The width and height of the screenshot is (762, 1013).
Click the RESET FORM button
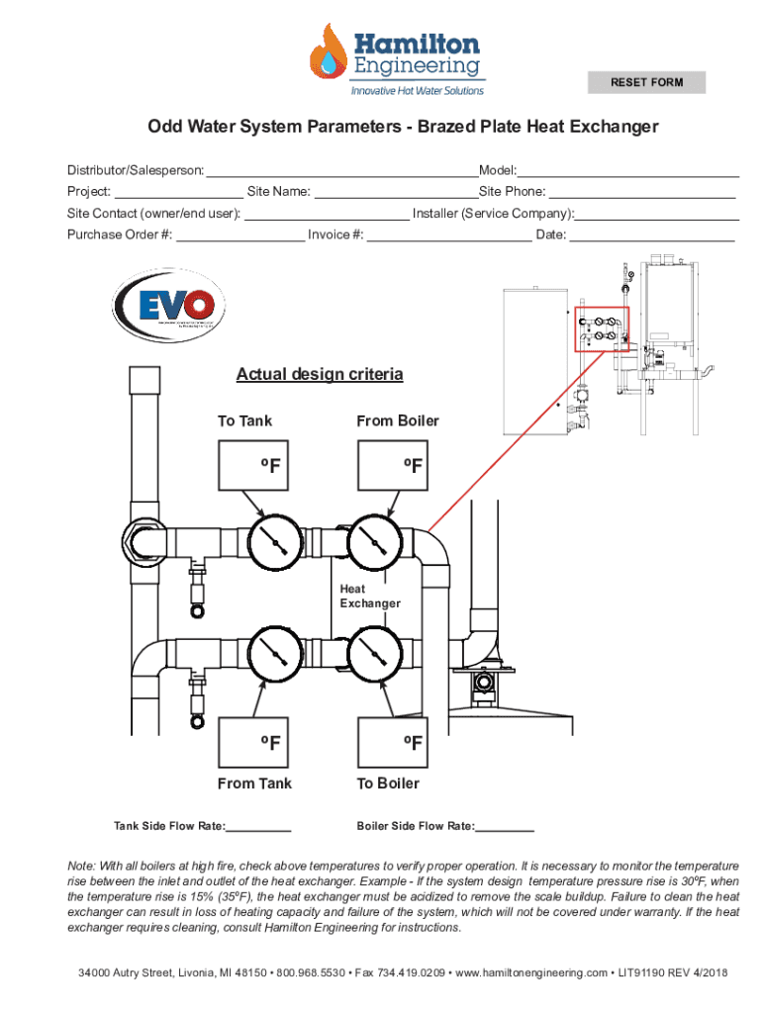tap(646, 82)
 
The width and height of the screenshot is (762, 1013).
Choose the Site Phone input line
tap(642, 192)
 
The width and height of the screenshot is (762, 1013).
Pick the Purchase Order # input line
tap(240, 234)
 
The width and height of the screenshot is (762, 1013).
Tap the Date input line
tap(652, 234)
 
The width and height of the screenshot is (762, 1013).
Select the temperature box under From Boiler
tap(393, 465)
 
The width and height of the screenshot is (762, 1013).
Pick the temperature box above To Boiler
tap(393, 742)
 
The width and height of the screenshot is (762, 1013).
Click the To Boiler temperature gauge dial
tap(373, 653)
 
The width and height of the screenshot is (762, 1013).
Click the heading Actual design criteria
tap(320, 375)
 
